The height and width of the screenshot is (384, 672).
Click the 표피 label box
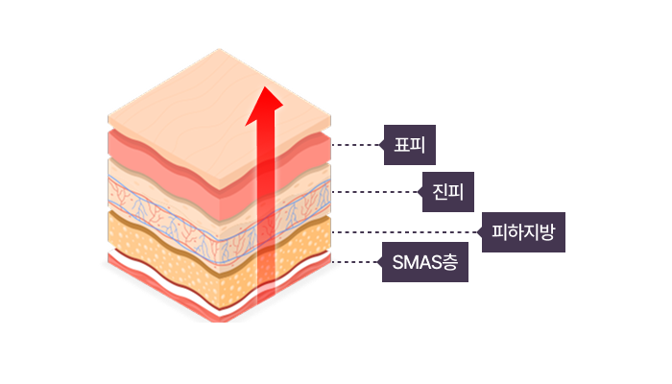[409, 145]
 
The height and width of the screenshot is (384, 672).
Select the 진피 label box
[448, 192]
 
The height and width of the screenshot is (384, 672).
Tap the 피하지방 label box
[523, 232]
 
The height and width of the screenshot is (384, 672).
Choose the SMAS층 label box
[424, 262]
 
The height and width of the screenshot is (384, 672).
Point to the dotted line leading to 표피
[356, 145]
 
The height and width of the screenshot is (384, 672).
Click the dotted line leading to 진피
[375, 192]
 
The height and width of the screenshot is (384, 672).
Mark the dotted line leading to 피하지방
[404, 232]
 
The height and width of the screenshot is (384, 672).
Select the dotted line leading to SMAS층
[355, 262]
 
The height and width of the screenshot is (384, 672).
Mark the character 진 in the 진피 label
[440, 192]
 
